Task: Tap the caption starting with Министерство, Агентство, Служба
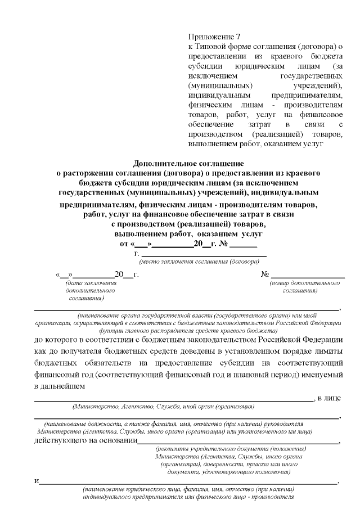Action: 164,406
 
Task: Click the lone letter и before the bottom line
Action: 37,482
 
